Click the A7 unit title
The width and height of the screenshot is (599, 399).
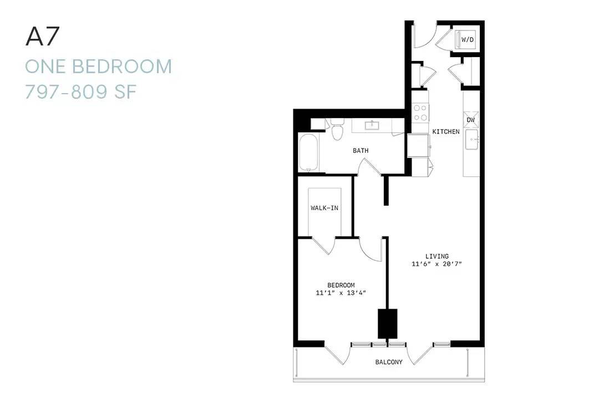(x=42, y=37)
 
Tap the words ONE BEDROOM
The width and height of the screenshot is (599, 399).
(x=99, y=66)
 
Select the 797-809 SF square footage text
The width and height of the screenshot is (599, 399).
(x=80, y=92)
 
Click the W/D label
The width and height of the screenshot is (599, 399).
(x=468, y=40)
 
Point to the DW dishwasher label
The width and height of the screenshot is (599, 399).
(x=471, y=120)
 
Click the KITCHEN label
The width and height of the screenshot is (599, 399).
(x=446, y=132)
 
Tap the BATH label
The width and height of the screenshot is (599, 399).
(x=361, y=151)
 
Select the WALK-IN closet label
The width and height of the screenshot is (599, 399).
(x=324, y=208)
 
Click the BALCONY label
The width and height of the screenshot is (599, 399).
(x=389, y=362)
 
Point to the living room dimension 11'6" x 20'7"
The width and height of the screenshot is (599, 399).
(x=436, y=264)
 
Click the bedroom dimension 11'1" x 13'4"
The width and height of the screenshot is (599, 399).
(x=341, y=293)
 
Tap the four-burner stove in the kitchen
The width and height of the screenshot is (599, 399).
(x=420, y=112)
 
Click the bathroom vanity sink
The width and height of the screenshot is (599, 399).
(x=371, y=125)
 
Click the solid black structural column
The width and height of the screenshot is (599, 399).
(x=387, y=324)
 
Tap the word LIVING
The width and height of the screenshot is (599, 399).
(x=437, y=256)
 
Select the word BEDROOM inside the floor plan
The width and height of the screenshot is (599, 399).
(x=341, y=285)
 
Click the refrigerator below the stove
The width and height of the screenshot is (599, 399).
(x=419, y=146)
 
